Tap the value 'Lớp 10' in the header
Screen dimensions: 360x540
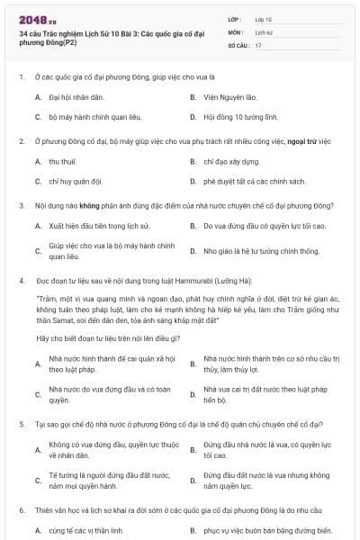tap(264, 18)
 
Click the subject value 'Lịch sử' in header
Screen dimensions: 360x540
tap(264, 31)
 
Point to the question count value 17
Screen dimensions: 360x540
tap(258, 44)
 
